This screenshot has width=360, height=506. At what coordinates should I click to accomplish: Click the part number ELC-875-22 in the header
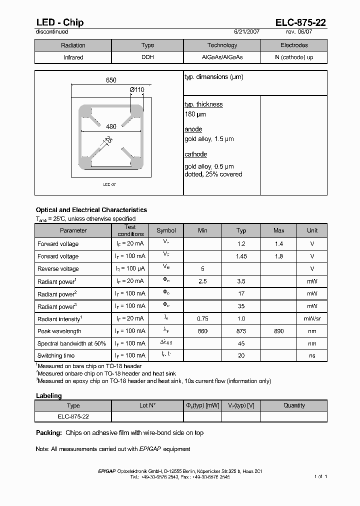coord(301,22)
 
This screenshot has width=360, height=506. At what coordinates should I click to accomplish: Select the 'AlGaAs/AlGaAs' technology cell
coord(222,57)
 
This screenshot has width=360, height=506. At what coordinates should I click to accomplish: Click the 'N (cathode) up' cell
coord(294,57)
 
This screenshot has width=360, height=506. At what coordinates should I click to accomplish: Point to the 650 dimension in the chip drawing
coord(111,80)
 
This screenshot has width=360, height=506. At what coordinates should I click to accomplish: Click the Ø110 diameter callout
coord(136,90)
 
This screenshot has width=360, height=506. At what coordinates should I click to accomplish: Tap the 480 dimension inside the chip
coord(111,127)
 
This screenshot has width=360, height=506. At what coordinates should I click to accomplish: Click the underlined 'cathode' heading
coord(195,154)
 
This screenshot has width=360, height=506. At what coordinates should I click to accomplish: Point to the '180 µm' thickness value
coord(195,114)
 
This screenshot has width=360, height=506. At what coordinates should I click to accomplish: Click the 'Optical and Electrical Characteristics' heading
coord(91,210)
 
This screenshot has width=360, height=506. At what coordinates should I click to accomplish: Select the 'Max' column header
coord(278,230)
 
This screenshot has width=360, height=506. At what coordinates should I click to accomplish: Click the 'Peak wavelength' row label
coord(59,331)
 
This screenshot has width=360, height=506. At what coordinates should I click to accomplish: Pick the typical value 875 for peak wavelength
coord(241,331)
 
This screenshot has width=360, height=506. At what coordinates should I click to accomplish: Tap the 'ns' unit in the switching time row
coord(312,355)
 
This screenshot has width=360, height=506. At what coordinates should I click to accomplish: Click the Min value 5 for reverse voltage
coord(202,269)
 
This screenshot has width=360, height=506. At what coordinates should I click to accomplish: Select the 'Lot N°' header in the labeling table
coord(147,405)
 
